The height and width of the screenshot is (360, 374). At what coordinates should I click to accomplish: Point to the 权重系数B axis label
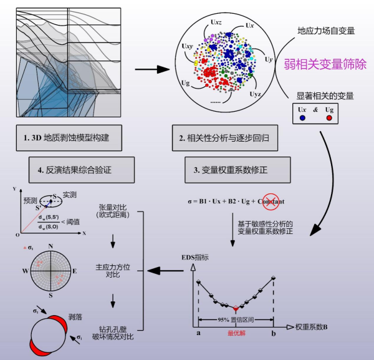[314, 326]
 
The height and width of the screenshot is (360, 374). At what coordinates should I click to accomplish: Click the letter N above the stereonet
[50, 246]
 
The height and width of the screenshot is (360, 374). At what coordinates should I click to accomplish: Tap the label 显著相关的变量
[324, 96]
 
